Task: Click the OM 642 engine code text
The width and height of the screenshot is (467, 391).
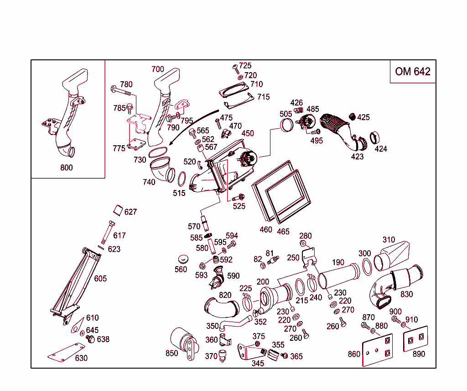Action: coord(413,71)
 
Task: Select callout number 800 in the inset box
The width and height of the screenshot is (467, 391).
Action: coord(66,168)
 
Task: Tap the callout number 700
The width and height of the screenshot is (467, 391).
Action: coord(157,69)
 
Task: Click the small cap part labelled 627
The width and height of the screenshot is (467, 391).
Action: coord(118,211)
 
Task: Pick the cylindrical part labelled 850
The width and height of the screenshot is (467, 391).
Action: coord(183,341)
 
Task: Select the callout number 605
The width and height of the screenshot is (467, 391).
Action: coord(100,279)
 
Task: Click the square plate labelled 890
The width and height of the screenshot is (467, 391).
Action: coord(416,338)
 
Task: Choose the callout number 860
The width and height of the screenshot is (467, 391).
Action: coord(354,354)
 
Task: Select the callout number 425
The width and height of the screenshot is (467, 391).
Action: coord(363,117)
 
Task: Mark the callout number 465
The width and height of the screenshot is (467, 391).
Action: coord(283,232)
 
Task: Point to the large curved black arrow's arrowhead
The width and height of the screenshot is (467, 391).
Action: coord(170,143)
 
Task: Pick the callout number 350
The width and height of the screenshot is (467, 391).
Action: coord(213,326)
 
